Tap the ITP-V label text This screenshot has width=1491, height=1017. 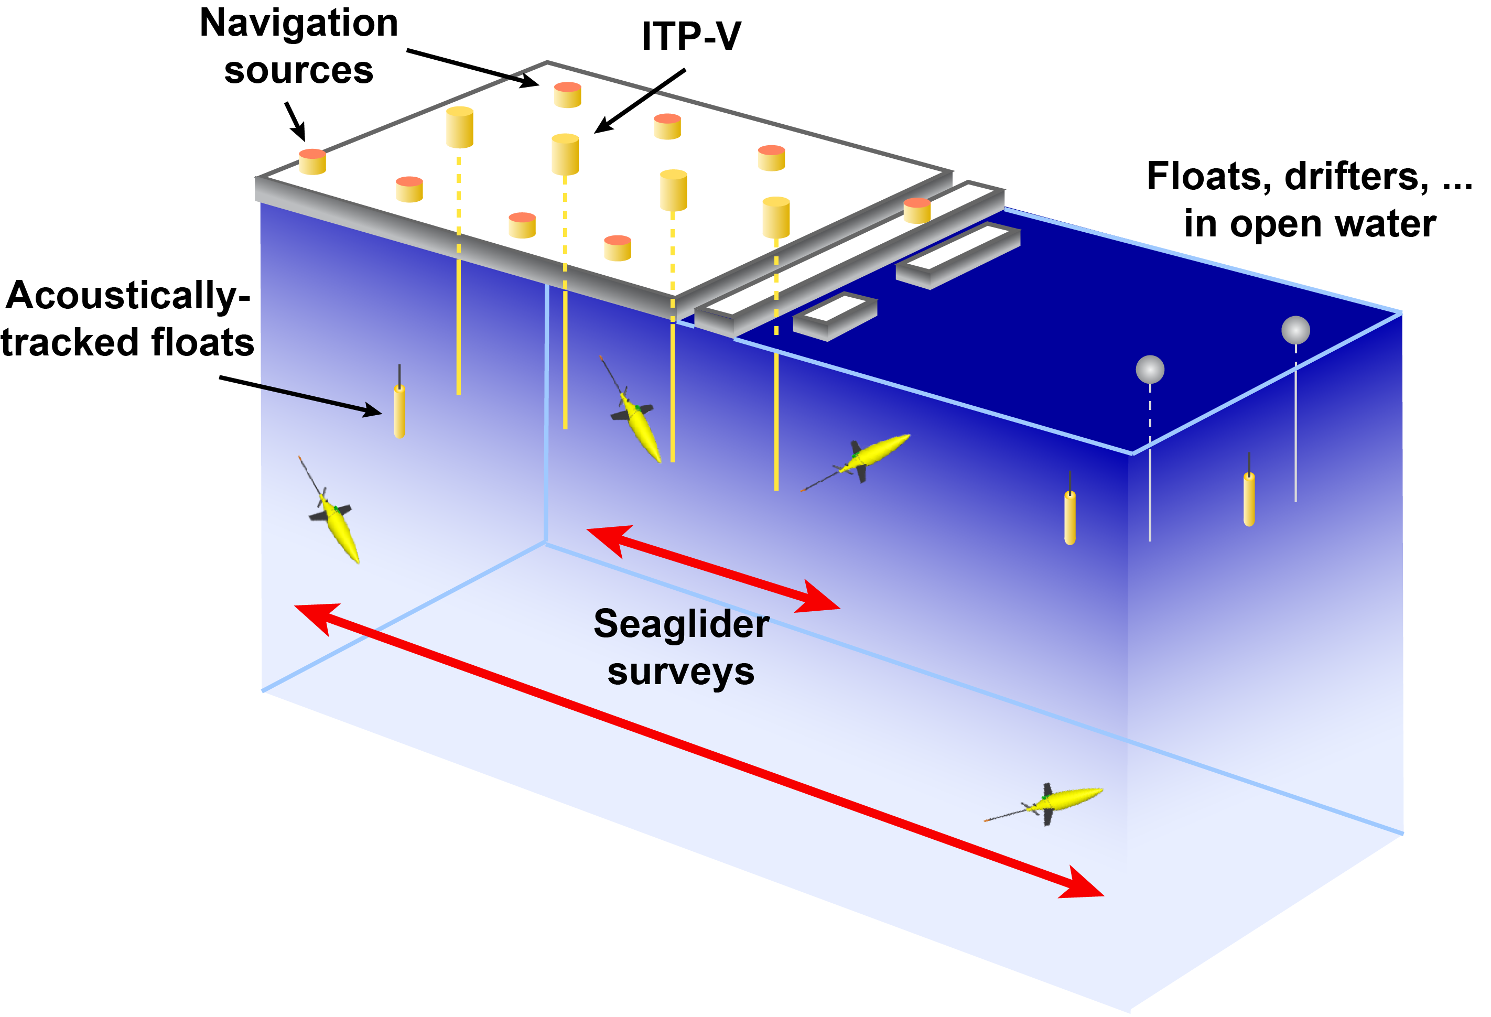[691, 37]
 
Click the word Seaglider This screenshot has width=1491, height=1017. [682, 624]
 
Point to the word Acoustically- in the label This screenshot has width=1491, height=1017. [128, 296]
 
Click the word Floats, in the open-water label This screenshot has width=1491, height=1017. [1208, 177]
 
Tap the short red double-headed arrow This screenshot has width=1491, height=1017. [713, 568]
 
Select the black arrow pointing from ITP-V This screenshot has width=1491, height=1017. [640, 101]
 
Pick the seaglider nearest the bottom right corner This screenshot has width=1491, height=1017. [1052, 802]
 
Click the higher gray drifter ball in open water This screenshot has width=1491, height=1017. [1295, 330]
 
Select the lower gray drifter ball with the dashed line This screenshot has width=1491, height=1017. [1150, 370]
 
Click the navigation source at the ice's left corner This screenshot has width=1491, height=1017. [312, 161]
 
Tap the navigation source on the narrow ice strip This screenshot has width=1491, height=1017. [917, 210]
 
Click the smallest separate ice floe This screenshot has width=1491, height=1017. [835, 316]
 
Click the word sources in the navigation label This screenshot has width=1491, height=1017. [299, 71]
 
